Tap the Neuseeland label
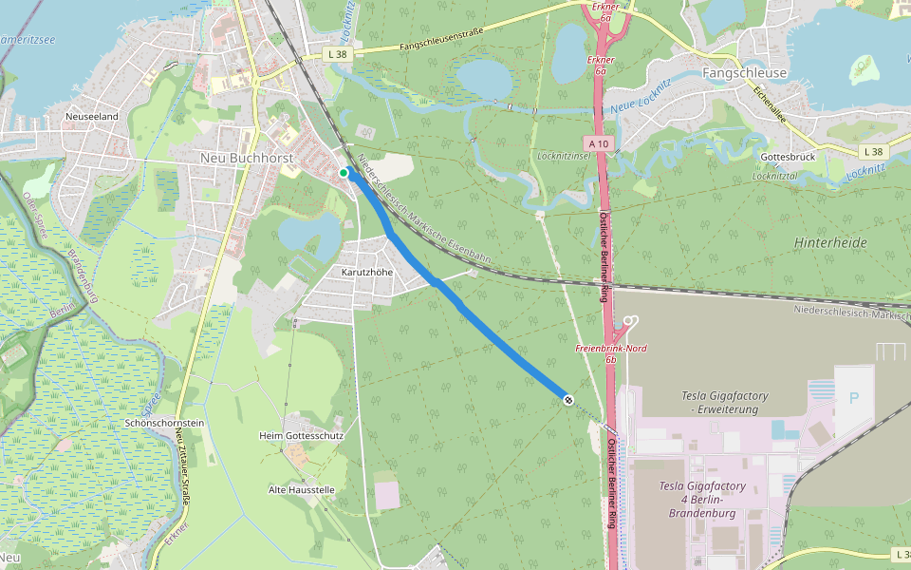(x=91, y=116)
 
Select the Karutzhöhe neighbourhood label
(x=366, y=272)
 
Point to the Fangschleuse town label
(x=744, y=72)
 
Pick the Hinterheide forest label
(x=830, y=243)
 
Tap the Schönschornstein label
(x=164, y=422)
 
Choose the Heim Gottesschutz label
(x=301, y=435)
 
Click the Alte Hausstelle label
(x=301, y=490)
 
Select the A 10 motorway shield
(x=599, y=142)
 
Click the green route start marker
(x=344, y=172)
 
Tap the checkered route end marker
(x=567, y=399)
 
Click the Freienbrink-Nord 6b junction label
(x=611, y=353)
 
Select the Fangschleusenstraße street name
(x=441, y=45)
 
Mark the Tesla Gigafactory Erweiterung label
(x=725, y=402)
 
